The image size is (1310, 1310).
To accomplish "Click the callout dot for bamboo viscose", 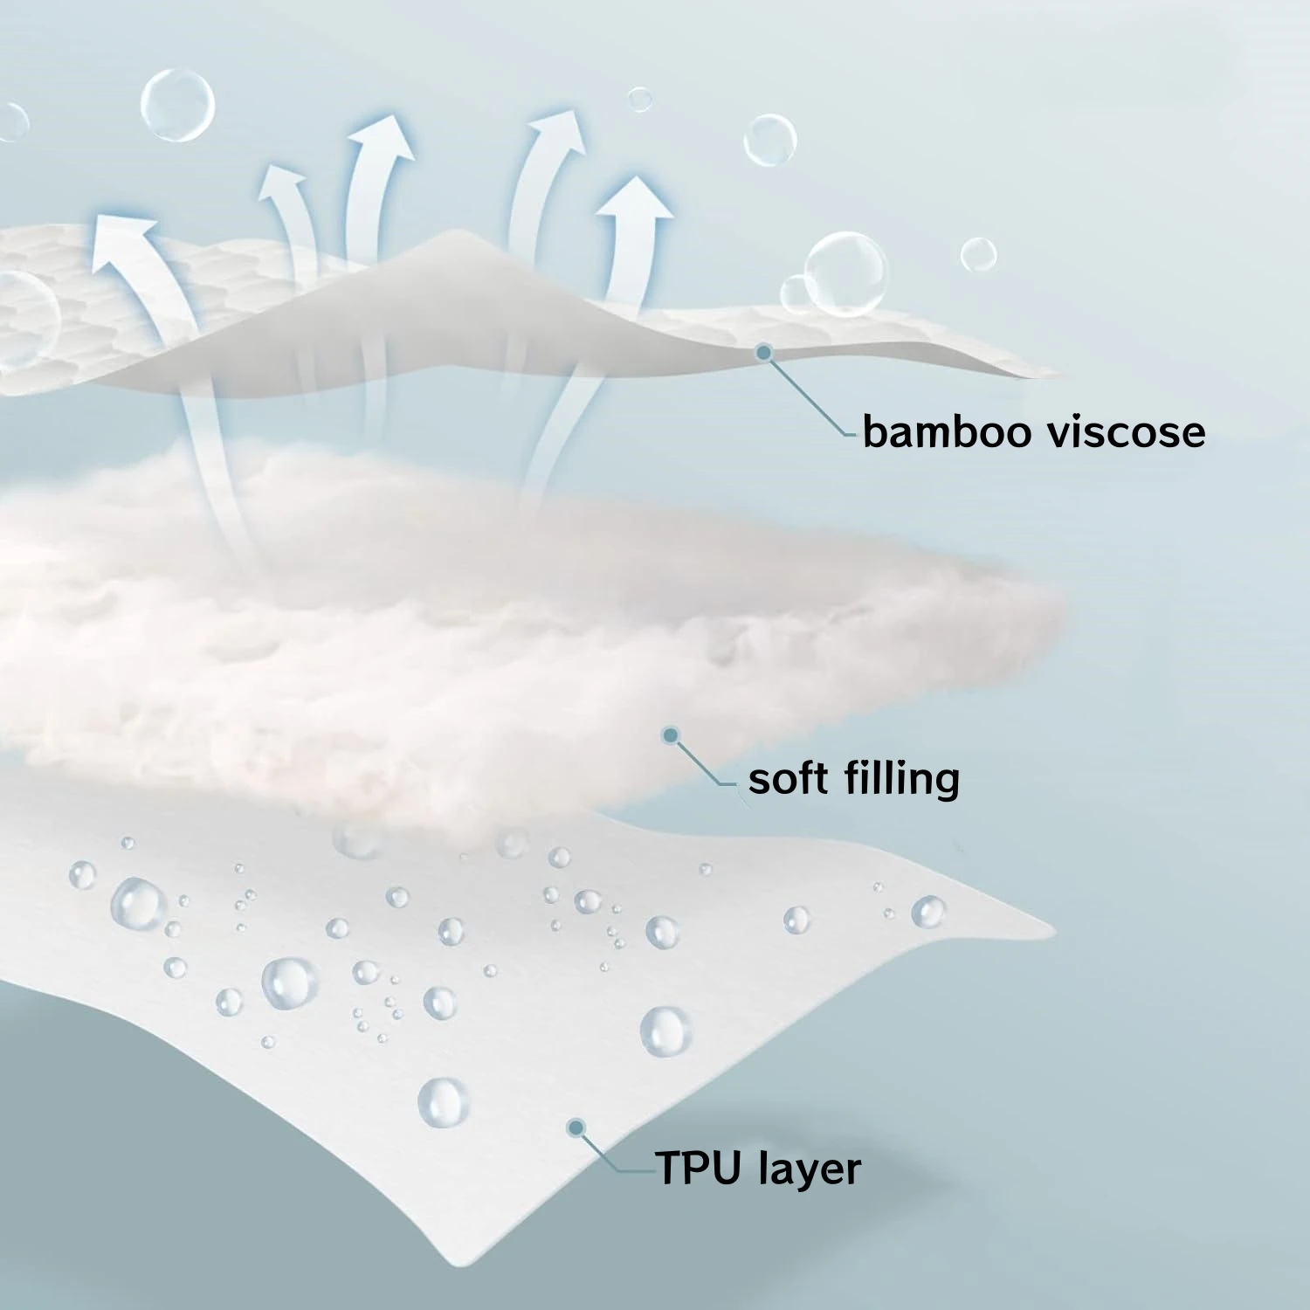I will [764, 352].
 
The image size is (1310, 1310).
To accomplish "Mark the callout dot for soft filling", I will [671, 735].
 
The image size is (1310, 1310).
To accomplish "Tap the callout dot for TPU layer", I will [576, 1127].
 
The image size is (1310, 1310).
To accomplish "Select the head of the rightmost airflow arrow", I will [636, 196].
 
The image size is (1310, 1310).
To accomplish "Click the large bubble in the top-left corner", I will [177, 105].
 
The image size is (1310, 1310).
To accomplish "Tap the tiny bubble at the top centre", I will [640, 100].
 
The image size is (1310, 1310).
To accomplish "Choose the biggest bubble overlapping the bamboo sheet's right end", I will [845, 272].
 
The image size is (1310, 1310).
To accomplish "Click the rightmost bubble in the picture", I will [978, 254].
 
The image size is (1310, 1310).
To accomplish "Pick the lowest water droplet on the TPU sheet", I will [443, 1101].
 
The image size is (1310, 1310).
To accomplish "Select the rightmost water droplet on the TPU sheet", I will [927, 912].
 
